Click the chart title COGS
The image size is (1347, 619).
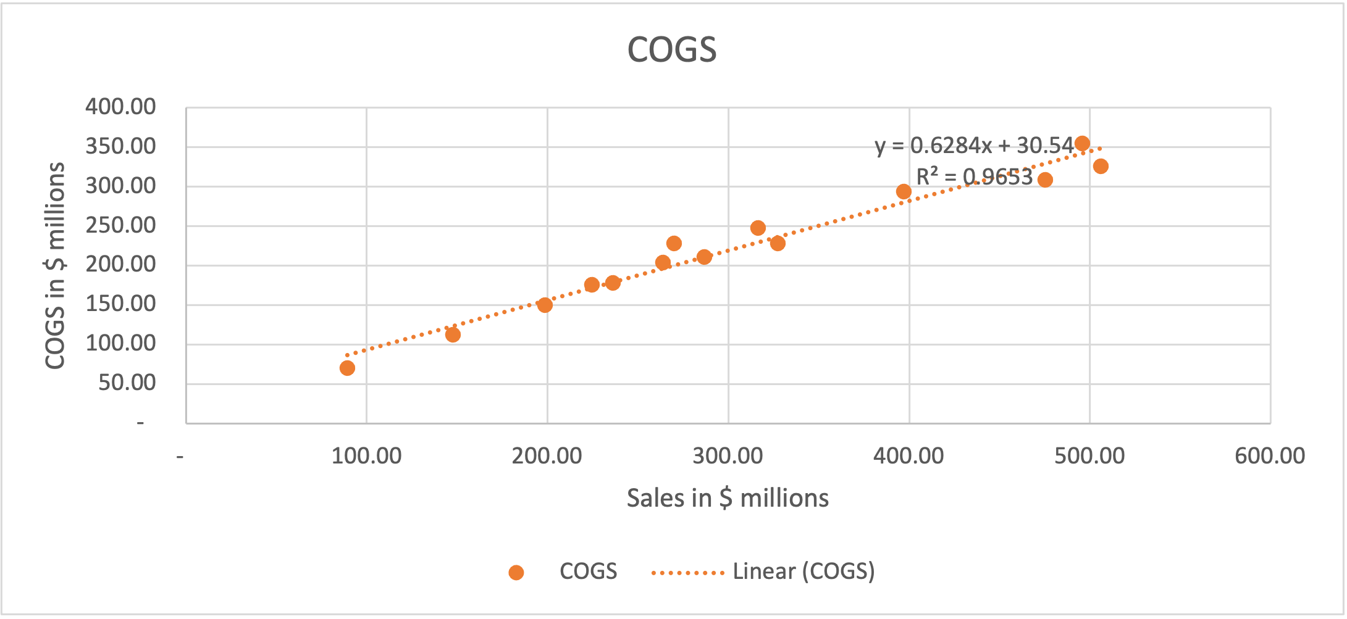672,50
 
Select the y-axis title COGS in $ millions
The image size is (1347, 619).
56,265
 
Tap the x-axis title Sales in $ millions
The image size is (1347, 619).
728,498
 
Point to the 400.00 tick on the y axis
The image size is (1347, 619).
120,107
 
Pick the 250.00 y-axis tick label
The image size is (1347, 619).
120,225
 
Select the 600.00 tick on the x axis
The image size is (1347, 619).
1270,456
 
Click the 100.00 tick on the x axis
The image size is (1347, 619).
366,456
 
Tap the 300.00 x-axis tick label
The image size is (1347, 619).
728,456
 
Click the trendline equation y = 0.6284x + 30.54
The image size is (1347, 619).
974,146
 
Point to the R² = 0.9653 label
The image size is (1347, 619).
974,178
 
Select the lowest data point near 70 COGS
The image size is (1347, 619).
347,368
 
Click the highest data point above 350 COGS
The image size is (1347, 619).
1082,144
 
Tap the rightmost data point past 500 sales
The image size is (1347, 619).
1101,166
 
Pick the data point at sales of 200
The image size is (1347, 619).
545,305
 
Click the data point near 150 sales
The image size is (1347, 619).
453,334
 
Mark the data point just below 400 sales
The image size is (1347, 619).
904,191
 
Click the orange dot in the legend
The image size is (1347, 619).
516,573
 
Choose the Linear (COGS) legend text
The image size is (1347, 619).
804,571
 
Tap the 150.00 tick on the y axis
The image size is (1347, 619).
120,304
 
